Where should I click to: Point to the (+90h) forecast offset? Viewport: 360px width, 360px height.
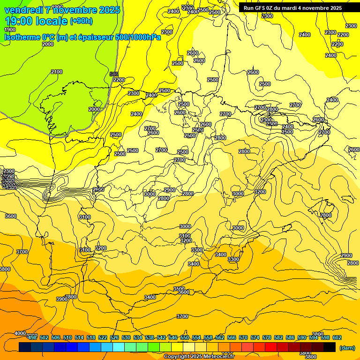coord(82,21)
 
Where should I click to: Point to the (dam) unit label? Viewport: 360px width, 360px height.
coord(347,348)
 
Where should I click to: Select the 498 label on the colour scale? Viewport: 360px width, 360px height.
coord(32,337)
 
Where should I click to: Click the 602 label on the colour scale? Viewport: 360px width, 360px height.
coord(337,337)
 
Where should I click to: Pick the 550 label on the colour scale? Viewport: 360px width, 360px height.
coord(185,337)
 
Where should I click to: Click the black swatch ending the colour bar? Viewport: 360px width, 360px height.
coord(330,347)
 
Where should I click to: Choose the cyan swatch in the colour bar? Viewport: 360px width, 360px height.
coord(119,347)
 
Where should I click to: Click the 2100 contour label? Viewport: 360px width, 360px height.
coord(57,72)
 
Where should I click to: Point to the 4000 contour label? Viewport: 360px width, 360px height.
coord(20,333)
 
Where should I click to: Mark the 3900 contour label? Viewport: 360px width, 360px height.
coord(61,299)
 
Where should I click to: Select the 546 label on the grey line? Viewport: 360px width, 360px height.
coord(114,74)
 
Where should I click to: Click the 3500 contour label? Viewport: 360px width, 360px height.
coord(179,289)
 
